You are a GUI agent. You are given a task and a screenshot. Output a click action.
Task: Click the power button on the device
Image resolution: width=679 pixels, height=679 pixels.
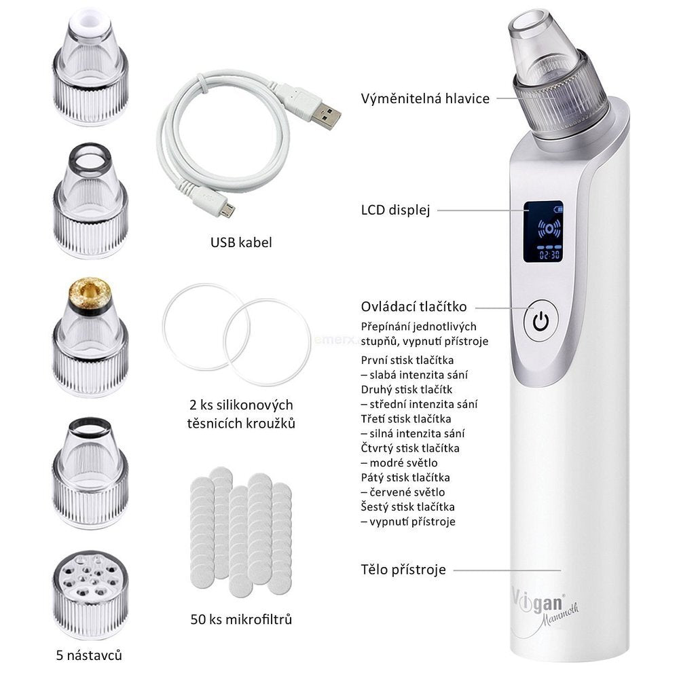click(x=540, y=321)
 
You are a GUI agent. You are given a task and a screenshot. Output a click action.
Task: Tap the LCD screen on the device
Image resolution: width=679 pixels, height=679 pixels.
click(x=543, y=232)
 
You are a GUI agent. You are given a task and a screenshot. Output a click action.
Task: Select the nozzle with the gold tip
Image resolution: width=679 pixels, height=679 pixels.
click(x=90, y=337)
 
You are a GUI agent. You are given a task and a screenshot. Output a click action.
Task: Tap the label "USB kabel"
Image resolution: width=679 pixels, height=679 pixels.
click(x=241, y=242)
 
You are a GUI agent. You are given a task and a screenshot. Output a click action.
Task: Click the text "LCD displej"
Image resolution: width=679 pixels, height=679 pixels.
click(x=395, y=210)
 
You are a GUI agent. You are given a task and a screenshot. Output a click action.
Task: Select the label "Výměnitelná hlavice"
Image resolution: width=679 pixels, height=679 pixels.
click(x=425, y=98)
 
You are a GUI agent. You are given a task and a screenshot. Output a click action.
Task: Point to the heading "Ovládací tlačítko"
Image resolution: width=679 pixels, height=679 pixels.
click(x=414, y=307)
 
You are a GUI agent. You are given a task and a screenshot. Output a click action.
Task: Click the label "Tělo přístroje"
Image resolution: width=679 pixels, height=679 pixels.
click(x=403, y=570)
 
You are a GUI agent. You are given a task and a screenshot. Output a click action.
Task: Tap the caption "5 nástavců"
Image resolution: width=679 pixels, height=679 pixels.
click(x=89, y=655)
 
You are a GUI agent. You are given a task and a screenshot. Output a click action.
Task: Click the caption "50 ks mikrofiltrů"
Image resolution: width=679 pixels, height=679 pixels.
click(x=241, y=619)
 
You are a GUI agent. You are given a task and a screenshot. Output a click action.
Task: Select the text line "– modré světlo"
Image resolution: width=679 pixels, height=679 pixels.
click(x=399, y=463)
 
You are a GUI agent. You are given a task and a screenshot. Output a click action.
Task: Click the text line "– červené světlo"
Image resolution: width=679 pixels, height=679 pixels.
click(x=403, y=492)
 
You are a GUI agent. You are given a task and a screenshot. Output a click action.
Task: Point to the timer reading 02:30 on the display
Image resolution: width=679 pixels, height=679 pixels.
click(x=549, y=255)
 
